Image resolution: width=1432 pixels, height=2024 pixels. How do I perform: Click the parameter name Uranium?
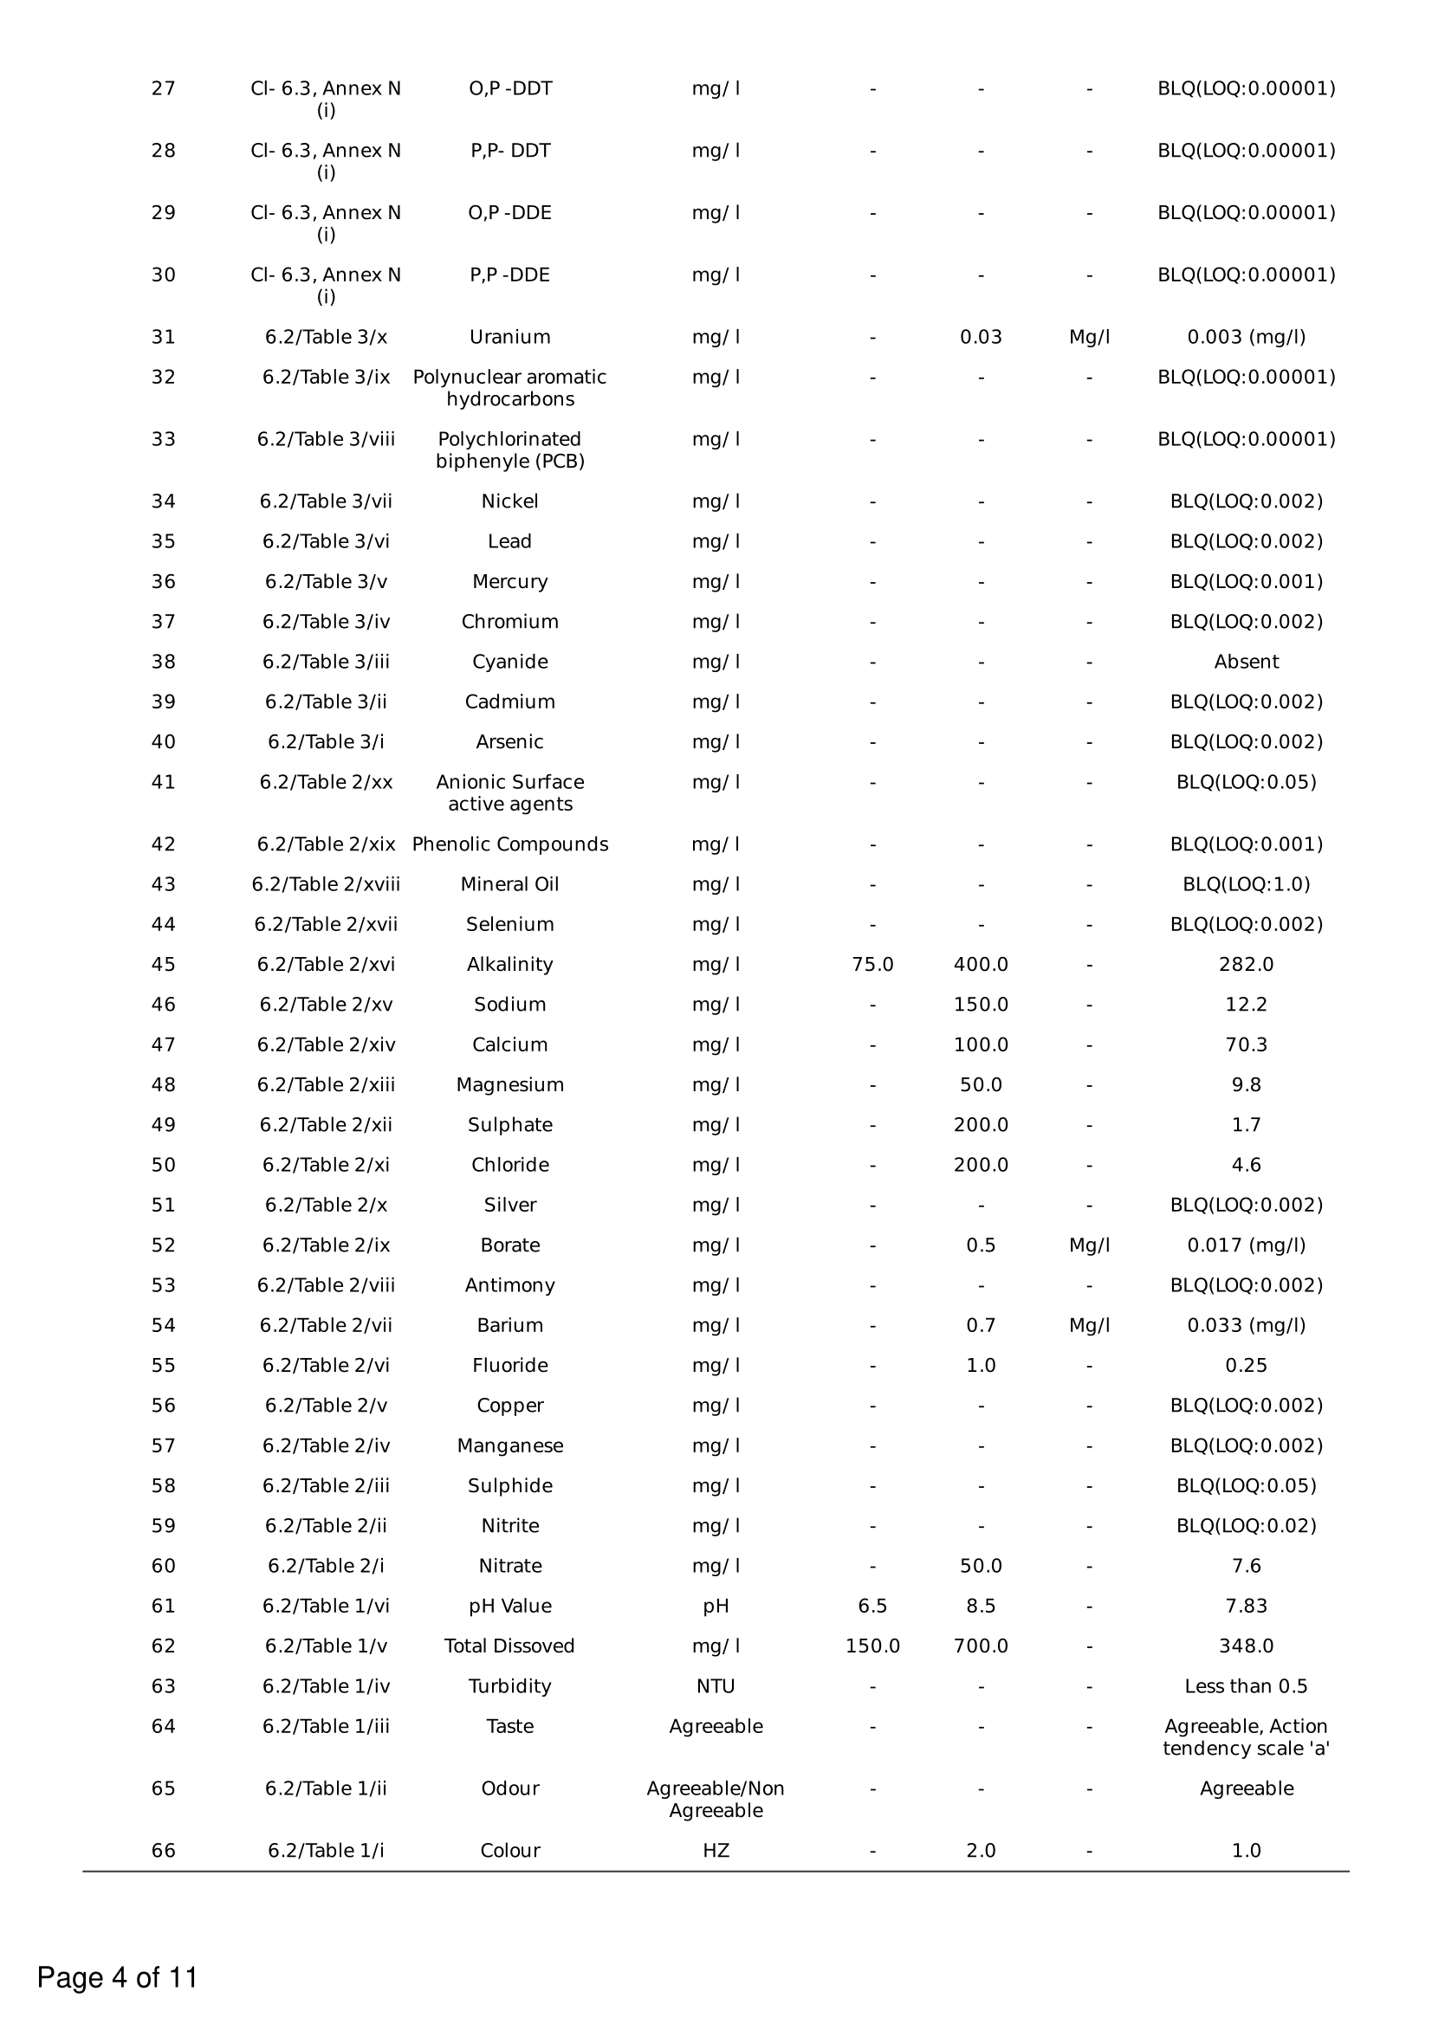(x=509, y=337)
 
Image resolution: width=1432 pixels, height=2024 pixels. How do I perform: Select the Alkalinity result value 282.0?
(x=1246, y=965)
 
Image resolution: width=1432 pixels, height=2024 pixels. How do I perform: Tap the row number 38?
(x=163, y=662)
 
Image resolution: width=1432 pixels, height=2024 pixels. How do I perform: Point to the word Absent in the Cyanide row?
(x=1246, y=662)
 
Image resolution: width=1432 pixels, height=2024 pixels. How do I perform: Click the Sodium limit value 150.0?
(x=981, y=1005)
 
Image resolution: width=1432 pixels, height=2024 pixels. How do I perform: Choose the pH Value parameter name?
(x=509, y=1607)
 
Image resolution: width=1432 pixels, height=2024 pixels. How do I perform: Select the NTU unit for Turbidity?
(x=715, y=1686)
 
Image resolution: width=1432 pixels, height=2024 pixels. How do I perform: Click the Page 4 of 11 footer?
(x=117, y=1977)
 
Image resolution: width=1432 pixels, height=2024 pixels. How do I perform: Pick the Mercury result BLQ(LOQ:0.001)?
(x=1246, y=582)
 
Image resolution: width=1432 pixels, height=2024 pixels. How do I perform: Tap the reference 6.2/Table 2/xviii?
(x=326, y=884)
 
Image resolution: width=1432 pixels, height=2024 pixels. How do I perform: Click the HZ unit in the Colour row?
(x=715, y=1850)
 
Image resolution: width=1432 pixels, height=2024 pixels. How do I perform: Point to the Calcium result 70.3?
(x=1246, y=1044)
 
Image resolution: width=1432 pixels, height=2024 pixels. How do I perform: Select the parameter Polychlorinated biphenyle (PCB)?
(x=509, y=449)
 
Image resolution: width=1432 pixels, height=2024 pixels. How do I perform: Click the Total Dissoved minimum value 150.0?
(x=872, y=1646)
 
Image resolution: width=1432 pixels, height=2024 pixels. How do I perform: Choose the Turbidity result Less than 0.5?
(x=1246, y=1686)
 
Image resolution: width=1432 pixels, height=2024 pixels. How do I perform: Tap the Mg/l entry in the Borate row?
(x=1089, y=1245)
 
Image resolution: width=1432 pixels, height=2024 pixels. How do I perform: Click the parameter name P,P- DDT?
(x=509, y=151)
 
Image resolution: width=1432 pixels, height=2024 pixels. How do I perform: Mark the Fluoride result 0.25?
(x=1246, y=1366)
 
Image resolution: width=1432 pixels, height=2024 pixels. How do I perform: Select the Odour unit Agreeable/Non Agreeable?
(x=715, y=1799)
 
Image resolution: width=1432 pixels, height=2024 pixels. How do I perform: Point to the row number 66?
(x=163, y=1850)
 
